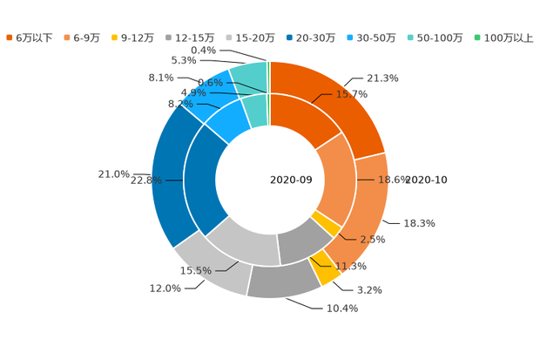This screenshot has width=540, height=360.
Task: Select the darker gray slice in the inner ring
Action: pyautogui.click(x=300, y=241)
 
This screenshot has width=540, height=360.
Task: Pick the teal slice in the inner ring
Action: pyautogui.click(x=254, y=111)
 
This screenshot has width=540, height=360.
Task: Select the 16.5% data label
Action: pyautogui.click(x=195, y=271)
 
